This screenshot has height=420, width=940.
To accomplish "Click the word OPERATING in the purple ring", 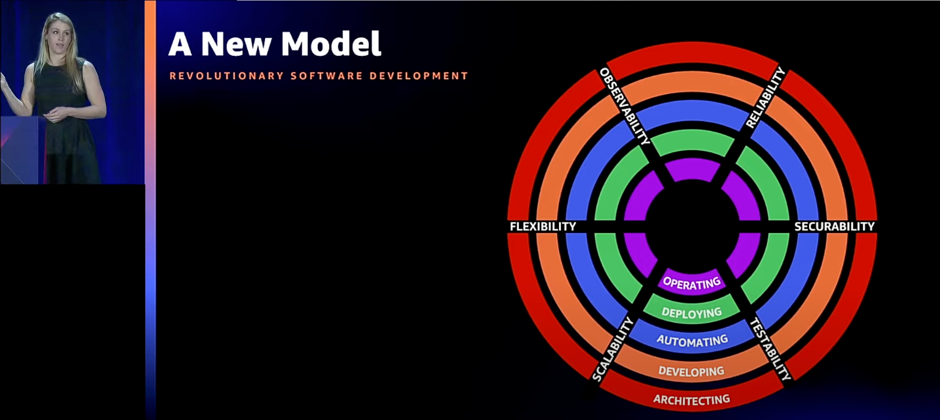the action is [692, 283].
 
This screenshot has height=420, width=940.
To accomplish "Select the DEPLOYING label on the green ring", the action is [692, 313].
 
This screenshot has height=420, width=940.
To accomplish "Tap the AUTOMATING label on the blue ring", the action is [692, 341].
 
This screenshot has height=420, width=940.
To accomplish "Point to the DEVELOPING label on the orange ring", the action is [692, 371].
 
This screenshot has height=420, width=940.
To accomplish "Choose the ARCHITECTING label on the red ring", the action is [692, 400].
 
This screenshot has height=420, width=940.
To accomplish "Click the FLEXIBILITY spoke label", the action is [543, 226].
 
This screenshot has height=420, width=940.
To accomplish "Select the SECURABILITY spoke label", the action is [835, 226].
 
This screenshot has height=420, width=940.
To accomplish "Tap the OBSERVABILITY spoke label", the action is [625, 107].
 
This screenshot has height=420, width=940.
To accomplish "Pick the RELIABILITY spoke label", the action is [765, 98].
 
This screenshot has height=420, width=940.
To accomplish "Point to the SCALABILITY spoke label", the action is [613, 348].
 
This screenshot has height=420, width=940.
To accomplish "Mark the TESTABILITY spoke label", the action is [770, 348].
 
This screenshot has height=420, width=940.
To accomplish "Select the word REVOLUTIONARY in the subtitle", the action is [227, 76].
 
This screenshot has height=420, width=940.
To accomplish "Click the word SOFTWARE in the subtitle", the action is [327, 76].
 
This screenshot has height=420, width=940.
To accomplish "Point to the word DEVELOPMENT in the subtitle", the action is [419, 76].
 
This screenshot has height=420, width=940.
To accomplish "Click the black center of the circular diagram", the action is [692, 227].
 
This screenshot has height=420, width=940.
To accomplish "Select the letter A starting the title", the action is [180, 44].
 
